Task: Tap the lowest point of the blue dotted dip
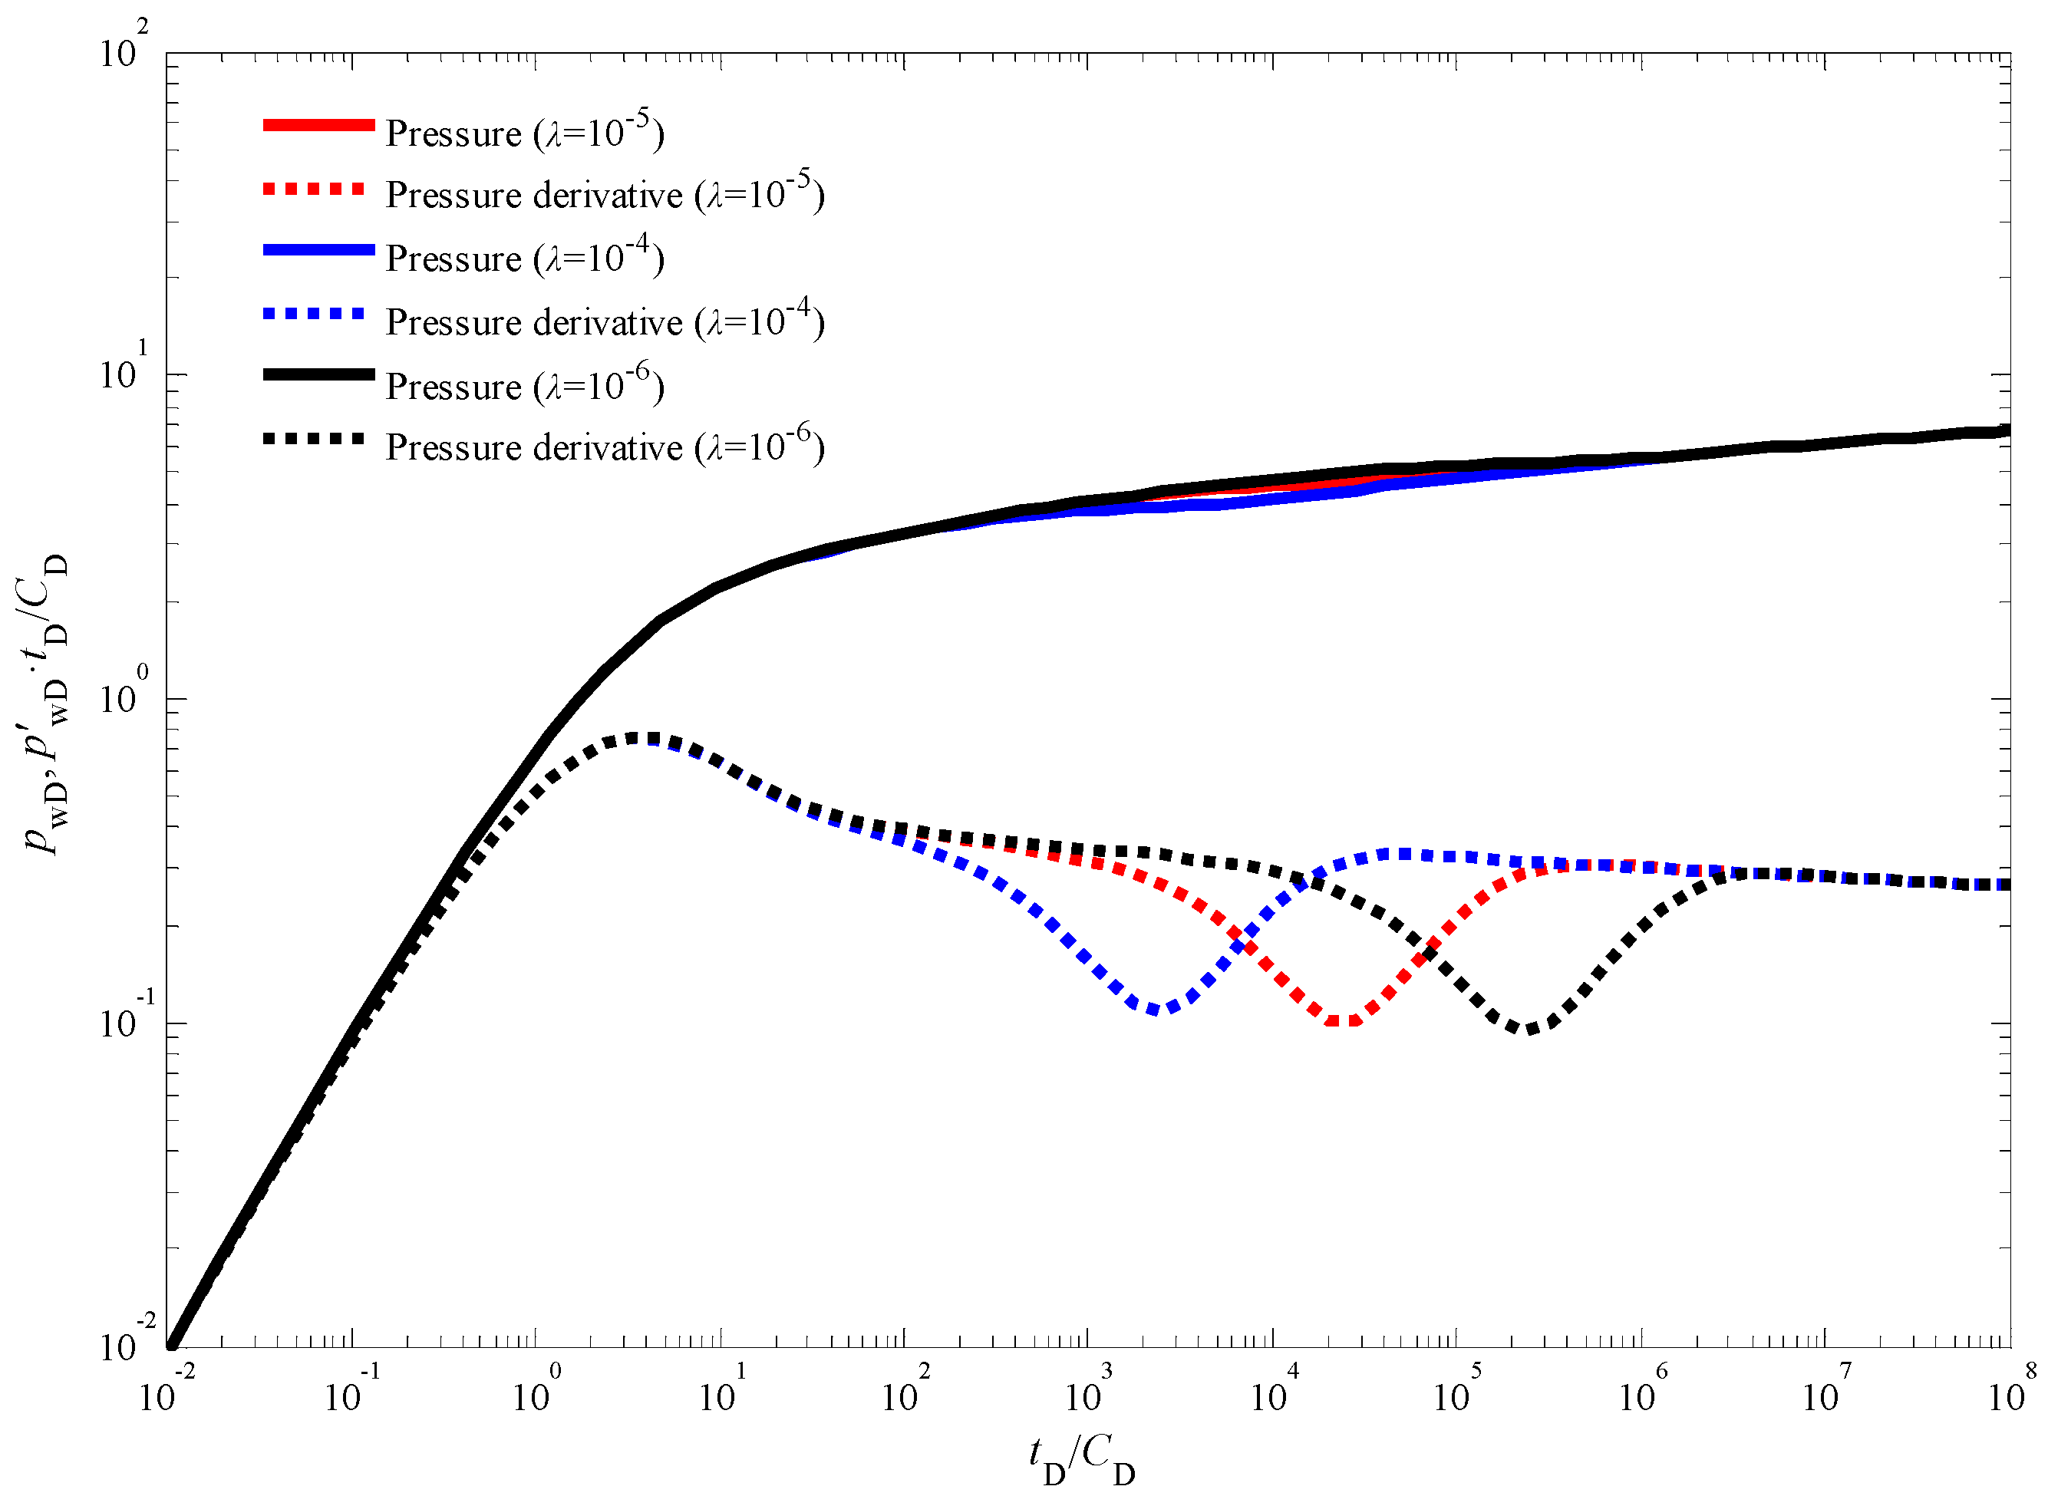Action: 1156,1009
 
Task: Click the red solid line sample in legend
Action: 318,125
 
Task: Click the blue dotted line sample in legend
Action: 314,314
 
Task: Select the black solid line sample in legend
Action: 318,374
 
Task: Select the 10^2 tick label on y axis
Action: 123,50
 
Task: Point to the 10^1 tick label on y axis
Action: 123,372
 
